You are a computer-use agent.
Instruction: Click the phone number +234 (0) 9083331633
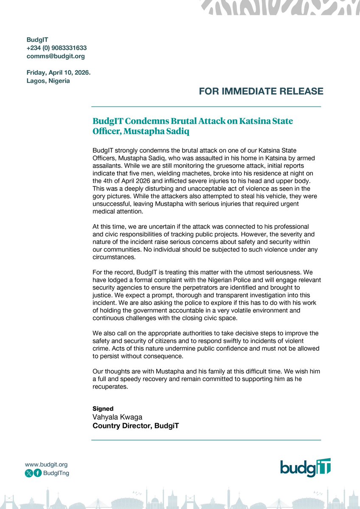click(x=56, y=48)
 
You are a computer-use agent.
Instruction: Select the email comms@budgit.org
click(x=56, y=56)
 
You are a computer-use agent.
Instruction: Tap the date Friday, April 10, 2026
click(x=59, y=73)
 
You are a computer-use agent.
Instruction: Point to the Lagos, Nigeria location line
click(x=48, y=81)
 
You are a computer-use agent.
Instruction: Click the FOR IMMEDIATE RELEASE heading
click(x=261, y=91)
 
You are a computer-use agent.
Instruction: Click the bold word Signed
click(x=103, y=408)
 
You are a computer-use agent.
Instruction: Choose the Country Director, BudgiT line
click(x=136, y=425)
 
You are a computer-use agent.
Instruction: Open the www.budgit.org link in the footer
click(x=46, y=464)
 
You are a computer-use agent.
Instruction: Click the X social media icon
click(x=29, y=473)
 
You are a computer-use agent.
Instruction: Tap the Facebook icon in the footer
click(x=38, y=473)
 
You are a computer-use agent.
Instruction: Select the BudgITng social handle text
click(x=56, y=473)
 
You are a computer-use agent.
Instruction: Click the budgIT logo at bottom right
click(x=305, y=468)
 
